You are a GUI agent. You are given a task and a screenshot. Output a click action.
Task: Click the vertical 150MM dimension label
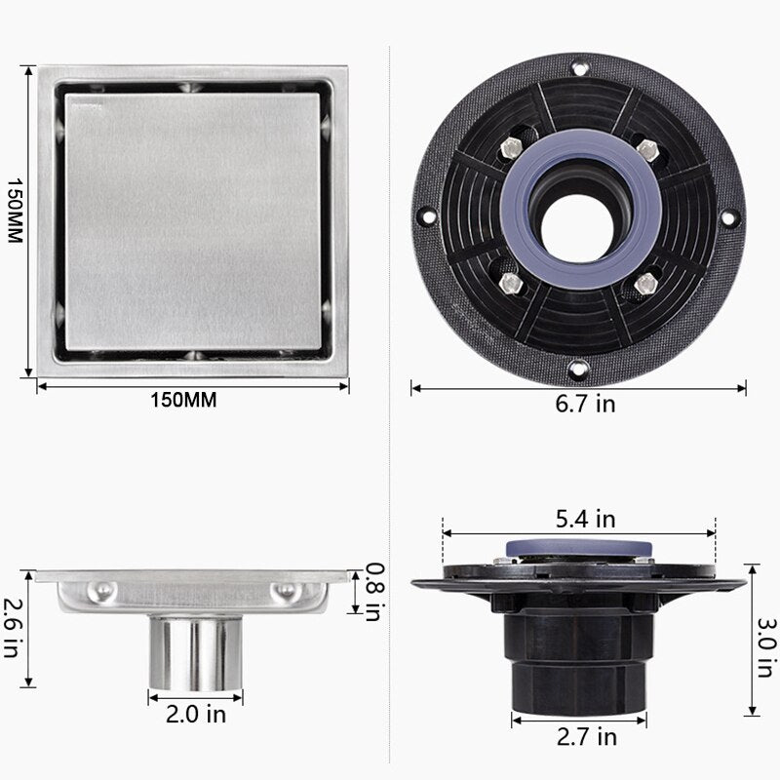15,211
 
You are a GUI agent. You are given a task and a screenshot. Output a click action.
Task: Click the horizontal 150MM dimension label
183,400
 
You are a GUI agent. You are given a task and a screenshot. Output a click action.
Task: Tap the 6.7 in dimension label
585,404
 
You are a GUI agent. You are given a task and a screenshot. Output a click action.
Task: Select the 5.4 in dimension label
586,519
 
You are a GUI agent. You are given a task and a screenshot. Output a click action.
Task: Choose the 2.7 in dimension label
587,737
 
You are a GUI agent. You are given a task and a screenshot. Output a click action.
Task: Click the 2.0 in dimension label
196,715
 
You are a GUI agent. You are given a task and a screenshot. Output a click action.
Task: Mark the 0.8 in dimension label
375,592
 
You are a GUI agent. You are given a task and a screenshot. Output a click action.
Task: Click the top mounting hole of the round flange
579,66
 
